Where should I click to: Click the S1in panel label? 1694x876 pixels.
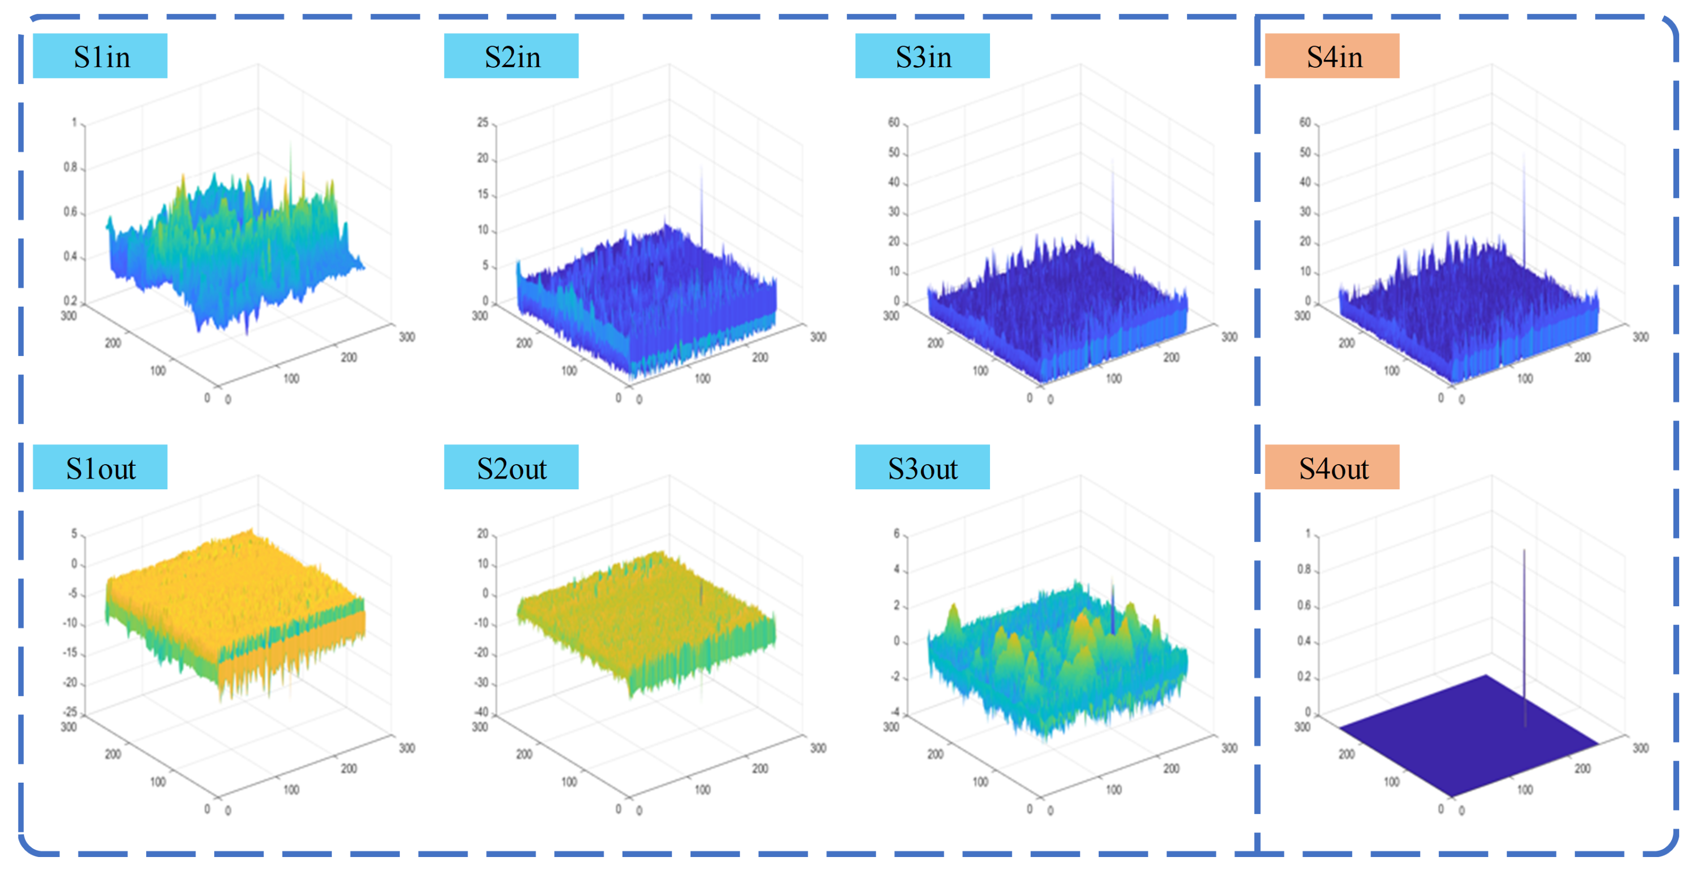pos(100,56)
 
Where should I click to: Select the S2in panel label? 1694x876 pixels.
pos(511,56)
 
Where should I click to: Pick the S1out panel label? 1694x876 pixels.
pos(100,468)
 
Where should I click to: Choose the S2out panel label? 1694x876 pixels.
pos(511,468)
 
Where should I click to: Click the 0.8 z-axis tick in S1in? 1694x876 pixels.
pos(70,167)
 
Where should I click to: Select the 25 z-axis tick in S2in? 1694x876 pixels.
pos(482,123)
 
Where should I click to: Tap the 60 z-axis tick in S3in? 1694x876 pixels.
pos(894,123)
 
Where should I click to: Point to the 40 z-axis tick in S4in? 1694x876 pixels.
pos(1305,182)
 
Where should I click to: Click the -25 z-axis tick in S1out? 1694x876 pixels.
pos(70,712)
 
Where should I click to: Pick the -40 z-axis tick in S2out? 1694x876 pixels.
pos(482,712)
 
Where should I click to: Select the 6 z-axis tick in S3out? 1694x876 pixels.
pos(896,533)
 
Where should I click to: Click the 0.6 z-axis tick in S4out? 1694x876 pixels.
pos(1303,605)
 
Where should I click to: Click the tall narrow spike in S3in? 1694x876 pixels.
pos(1113,210)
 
